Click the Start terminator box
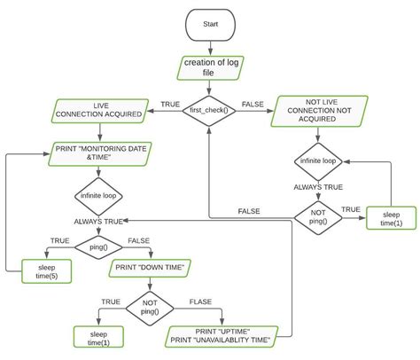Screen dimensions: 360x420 [x=211, y=24]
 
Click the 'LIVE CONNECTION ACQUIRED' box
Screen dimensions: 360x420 [x=97, y=111]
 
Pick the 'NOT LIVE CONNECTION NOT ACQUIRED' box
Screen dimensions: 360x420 [x=318, y=111]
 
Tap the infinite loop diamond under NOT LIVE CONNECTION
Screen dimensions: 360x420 [x=318, y=162]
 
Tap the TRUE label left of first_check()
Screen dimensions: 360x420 [x=170, y=105]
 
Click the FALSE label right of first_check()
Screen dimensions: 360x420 [x=253, y=105]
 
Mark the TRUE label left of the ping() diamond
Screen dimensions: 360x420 [x=59, y=240]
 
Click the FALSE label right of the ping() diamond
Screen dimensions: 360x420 [x=138, y=240]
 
